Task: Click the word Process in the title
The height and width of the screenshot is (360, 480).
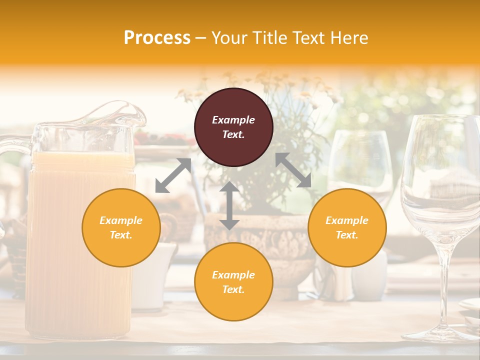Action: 157,38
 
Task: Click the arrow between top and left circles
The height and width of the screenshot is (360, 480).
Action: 173,175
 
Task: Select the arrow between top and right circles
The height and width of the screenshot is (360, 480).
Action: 293,170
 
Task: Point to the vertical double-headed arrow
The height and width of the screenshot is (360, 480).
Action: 229,205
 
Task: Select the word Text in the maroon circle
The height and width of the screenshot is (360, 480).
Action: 233,134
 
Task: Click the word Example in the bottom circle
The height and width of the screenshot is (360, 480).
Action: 233,275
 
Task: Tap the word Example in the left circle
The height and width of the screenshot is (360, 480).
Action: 121,220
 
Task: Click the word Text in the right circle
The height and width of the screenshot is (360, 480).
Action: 347,235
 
